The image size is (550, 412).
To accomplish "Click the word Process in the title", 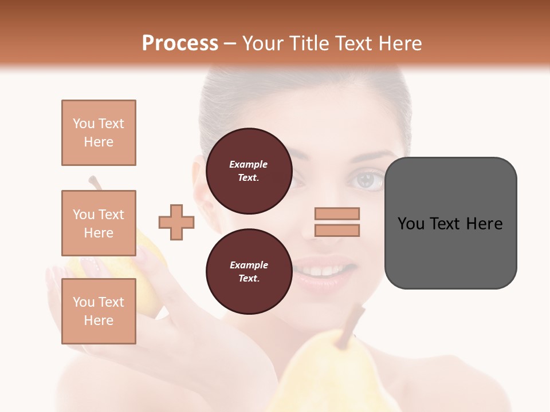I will pyautogui.click(x=180, y=43).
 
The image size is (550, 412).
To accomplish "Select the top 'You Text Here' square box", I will pyautogui.click(x=99, y=133).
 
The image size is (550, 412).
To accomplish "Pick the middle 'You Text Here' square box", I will pyautogui.click(x=99, y=223).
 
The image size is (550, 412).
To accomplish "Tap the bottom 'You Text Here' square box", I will pyautogui.click(x=99, y=311).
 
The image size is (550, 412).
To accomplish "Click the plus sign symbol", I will pyautogui.click(x=176, y=222).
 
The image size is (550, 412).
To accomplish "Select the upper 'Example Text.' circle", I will pyautogui.click(x=249, y=171).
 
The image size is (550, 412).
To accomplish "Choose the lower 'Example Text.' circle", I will pyautogui.click(x=249, y=272).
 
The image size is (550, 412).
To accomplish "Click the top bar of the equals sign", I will pyautogui.click(x=337, y=213).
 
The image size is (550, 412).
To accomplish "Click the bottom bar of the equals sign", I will pyautogui.click(x=337, y=231).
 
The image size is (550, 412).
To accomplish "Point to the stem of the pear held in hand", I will pyautogui.click(x=95, y=183).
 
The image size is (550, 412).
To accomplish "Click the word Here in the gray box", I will pyautogui.click(x=484, y=223).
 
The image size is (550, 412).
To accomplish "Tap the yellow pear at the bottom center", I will pyautogui.click(x=332, y=378).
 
